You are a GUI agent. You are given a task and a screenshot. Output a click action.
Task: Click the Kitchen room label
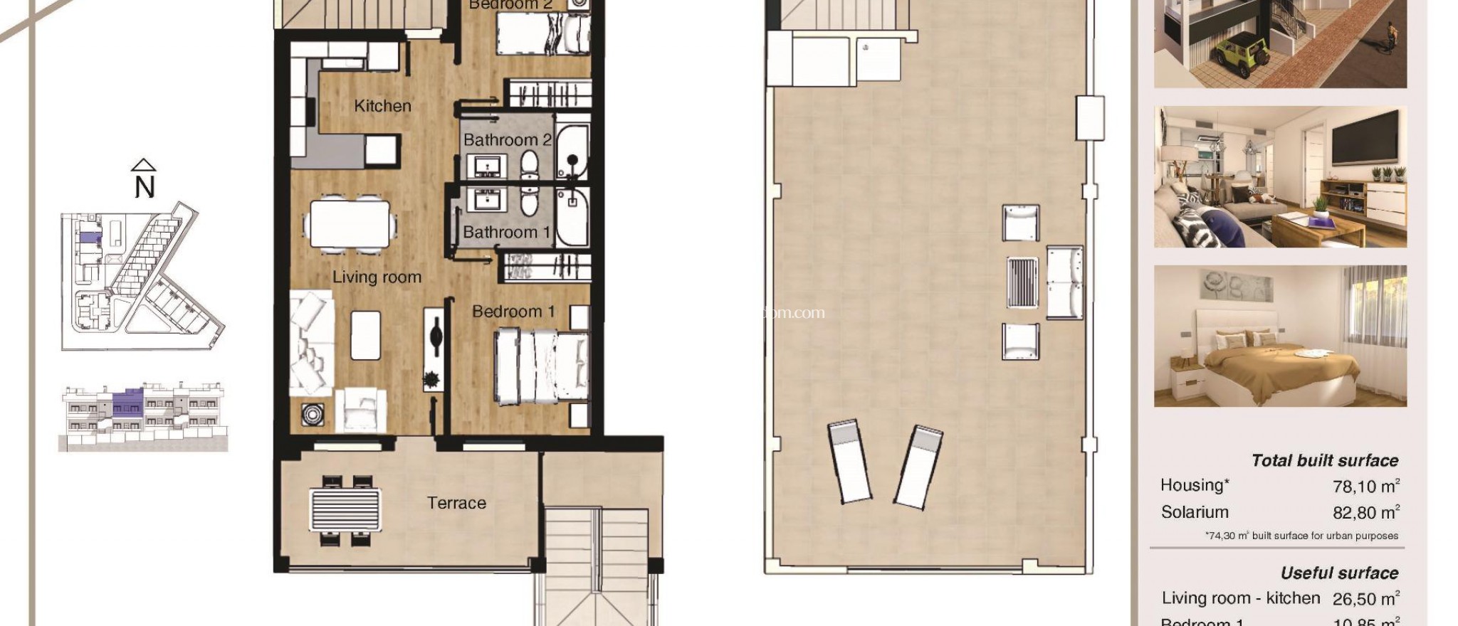point(382,106)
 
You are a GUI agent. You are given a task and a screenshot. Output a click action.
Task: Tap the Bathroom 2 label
point(507,140)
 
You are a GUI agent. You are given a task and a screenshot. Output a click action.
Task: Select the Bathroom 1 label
point(506,232)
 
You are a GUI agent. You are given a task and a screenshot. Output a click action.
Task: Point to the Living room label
point(377,277)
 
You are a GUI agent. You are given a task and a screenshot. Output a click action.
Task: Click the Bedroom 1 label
point(513,312)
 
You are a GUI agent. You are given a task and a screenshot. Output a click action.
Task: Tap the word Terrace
point(456,503)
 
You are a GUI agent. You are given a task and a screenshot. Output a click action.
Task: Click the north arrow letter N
point(145,187)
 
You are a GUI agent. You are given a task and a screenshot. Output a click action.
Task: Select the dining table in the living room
point(350,224)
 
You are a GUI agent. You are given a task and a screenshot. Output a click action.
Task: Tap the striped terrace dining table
point(346,509)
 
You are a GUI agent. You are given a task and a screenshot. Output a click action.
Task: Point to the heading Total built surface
point(1324,460)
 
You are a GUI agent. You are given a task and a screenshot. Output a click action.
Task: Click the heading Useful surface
point(1338,573)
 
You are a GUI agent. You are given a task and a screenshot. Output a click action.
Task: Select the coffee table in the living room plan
point(365,335)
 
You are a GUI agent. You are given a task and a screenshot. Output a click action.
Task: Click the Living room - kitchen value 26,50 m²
point(1364,599)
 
